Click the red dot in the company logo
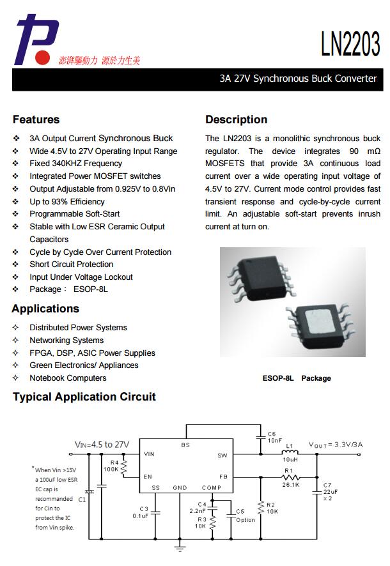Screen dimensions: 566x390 coord(42,58)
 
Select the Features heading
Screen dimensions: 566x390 coord(36,119)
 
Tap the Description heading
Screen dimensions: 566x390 coord(236,119)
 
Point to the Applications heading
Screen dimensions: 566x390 coord(45,309)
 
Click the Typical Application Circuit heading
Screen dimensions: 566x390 coord(84,397)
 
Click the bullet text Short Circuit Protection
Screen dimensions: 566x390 coord(71,264)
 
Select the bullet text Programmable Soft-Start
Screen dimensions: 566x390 coord(74,214)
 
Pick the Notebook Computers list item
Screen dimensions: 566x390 coord(68,378)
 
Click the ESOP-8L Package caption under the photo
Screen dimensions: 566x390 coord(297,378)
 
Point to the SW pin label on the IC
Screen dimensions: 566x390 coord(222,455)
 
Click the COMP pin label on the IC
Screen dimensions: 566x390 coord(212,488)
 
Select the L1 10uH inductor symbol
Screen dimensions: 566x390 coord(290,454)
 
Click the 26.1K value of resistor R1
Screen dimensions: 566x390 coord(291,485)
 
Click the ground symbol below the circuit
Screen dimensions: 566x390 coord(180,547)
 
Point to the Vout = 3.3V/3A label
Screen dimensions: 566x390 coord(336,444)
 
